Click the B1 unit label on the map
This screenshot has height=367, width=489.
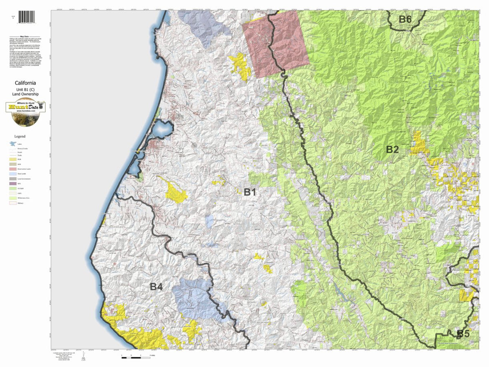[250, 192]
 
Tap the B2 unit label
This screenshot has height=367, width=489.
[392, 149]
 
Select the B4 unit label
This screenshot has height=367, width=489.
[156, 287]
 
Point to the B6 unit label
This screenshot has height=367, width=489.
[405, 19]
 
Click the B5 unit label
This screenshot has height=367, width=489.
[463, 334]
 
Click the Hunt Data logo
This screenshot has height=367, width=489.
[25, 112]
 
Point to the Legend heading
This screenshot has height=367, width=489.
[20, 136]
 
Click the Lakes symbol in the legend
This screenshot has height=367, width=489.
[13, 144]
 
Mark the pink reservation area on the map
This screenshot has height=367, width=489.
[275, 43]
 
